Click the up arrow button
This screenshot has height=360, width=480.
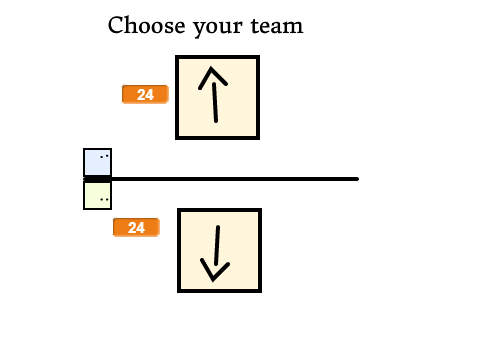tap(217, 97)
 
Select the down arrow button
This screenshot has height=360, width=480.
tap(219, 250)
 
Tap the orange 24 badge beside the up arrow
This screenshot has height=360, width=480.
tap(145, 94)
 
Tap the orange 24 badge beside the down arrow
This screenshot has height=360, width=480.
tap(136, 227)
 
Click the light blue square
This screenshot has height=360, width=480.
tap(97, 162)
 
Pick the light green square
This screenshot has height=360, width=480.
tap(97, 196)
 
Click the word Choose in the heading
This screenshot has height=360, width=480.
tap(146, 25)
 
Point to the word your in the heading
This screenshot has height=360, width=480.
tap(218, 27)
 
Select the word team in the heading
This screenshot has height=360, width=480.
tap(277, 26)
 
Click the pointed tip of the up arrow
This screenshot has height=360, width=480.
tap(211, 68)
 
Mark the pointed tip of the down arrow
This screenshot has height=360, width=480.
tap(213, 280)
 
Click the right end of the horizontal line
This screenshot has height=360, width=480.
tap(357, 179)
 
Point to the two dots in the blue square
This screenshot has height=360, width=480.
tap(104, 156)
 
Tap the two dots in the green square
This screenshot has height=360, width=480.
tap(104, 200)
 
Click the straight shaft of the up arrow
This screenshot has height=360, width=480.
tap(215, 102)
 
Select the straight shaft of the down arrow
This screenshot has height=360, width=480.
tap(217, 245)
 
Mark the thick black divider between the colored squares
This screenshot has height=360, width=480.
tap(97, 179)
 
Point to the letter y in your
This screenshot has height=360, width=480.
tap(200, 28)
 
